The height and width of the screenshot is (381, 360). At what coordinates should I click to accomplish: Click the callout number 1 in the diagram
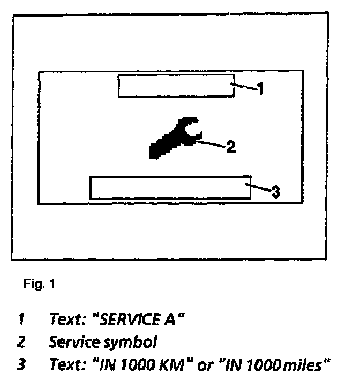tap(260, 89)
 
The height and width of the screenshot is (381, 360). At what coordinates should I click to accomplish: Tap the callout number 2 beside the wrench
tap(230, 147)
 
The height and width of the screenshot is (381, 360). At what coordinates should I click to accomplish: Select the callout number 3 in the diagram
tap(274, 191)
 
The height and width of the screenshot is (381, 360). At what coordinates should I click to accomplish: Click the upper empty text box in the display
tap(176, 86)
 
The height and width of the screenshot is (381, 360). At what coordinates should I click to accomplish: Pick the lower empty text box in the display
tap(170, 187)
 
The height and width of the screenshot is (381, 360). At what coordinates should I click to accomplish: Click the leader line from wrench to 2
tap(211, 144)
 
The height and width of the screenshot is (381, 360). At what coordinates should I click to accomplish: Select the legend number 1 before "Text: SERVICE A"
tap(21, 319)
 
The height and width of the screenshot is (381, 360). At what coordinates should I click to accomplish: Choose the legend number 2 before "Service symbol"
tap(21, 340)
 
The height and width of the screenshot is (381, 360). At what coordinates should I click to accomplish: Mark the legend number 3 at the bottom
tap(21, 364)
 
